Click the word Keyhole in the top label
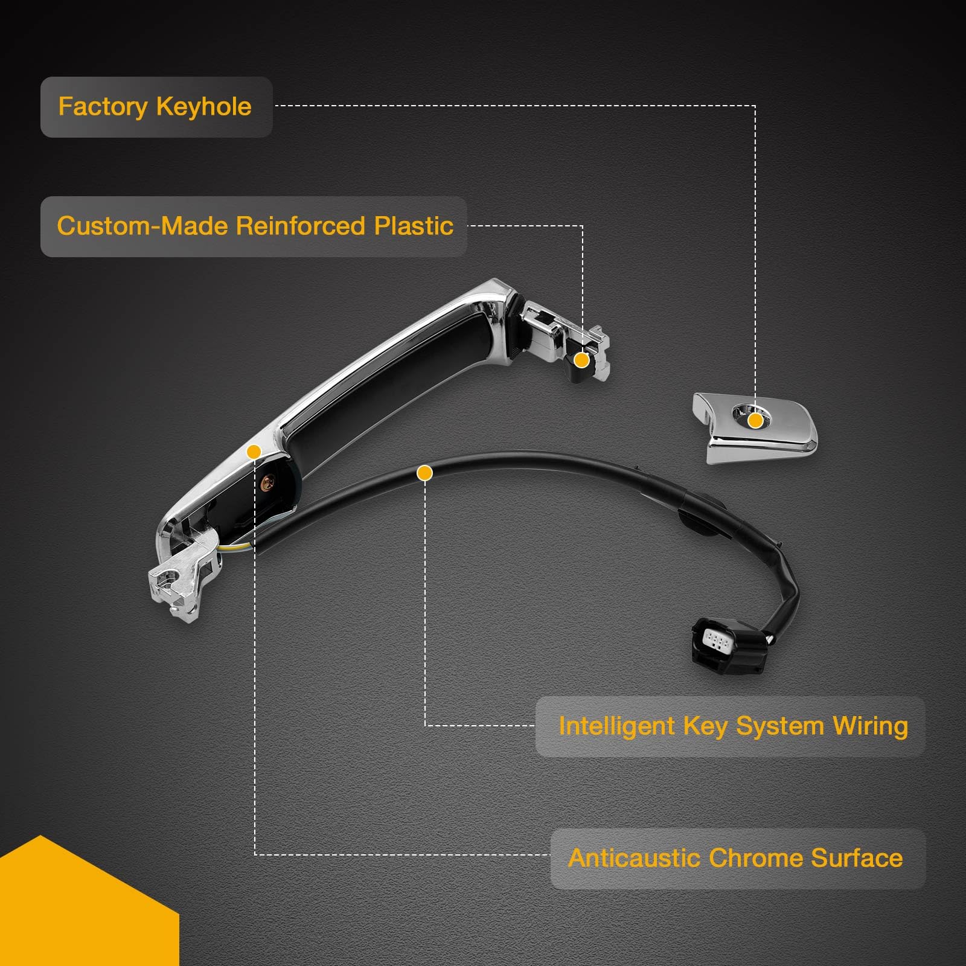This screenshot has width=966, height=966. [203, 107]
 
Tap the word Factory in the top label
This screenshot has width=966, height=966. [103, 107]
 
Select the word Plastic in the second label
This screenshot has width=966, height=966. [414, 226]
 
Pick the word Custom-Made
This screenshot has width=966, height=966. [143, 226]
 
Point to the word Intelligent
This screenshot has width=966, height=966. [616, 726]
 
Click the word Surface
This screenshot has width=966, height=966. [857, 858]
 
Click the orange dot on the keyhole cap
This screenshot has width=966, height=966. [755, 421]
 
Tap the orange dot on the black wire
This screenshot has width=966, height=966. [425, 473]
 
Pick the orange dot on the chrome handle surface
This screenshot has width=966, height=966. [254, 452]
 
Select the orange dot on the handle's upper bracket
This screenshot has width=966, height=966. [581, 360]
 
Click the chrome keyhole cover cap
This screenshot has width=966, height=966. [755, 426]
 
